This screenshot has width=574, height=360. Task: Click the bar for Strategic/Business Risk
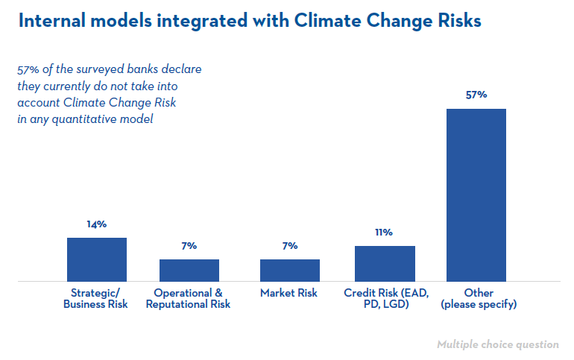coord(97,259)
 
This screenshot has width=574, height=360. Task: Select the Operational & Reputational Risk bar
coord(189,271)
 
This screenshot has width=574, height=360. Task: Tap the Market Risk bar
coord(290,271)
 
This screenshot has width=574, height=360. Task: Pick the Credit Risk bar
coord(385,263)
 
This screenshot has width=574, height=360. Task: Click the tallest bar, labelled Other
coord(476,195)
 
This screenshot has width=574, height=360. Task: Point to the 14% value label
coord(97,224)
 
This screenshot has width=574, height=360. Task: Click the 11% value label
coord(384,233)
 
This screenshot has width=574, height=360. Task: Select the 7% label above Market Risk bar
coord(290,246)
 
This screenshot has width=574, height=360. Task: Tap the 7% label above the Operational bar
coord(189,246)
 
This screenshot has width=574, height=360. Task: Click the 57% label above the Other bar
coord(476,95)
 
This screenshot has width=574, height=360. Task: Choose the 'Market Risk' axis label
coord(288,293)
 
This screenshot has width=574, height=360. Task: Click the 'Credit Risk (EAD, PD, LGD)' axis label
coord(386,299)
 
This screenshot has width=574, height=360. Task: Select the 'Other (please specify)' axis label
coord(479,299)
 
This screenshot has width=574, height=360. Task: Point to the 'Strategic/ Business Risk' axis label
coord(95,299)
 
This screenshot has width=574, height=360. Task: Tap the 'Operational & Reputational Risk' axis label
coord(188,299)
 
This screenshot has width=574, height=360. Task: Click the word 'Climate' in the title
coord(328,20)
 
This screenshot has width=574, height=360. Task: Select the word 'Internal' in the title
coord(52,20)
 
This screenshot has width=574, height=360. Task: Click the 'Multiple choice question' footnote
coord(498,344)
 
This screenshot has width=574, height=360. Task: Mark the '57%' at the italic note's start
coord(28,69)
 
